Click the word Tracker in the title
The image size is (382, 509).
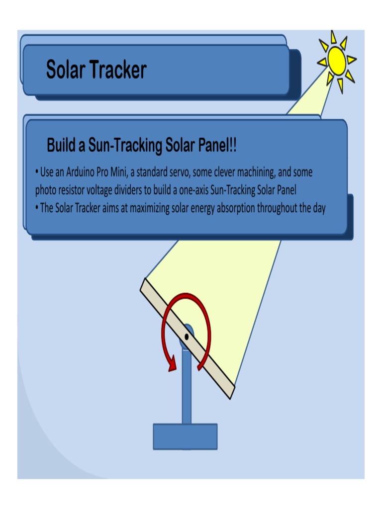118,70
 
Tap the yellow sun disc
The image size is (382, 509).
337,61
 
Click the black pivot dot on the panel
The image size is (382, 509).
187,337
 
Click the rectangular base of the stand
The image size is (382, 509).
185,436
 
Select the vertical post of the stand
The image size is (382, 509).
187,388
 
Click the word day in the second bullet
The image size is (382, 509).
319,208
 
